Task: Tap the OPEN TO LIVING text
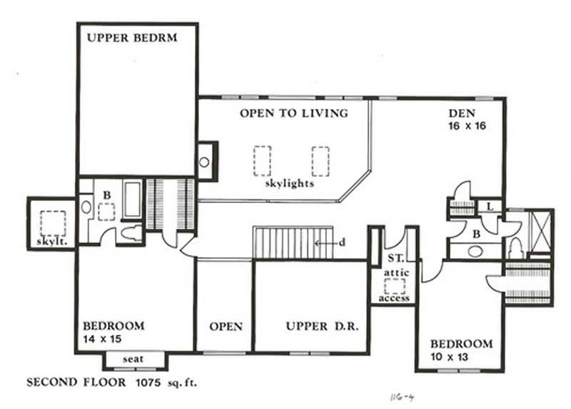(x=293, y=113)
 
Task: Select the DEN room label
(x=462, y=113)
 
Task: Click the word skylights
(x=289, y=183)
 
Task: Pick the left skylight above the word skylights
(x=262, y=160)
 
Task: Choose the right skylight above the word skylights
(x=320, y=160)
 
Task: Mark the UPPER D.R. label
(x=316, y=326)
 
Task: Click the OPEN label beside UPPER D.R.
(x=226, y=326)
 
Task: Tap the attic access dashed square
(x=394, y=286)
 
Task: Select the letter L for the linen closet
(x=490, y=206)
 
